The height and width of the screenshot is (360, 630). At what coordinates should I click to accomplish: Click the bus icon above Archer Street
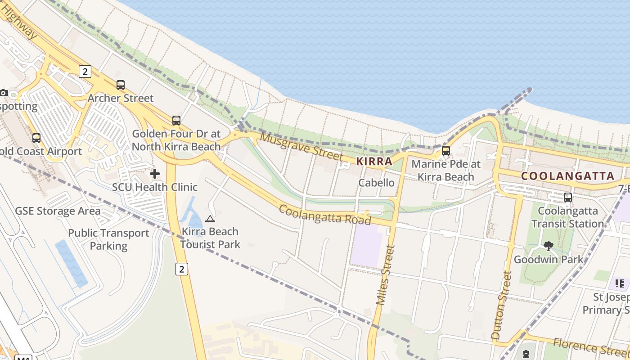point(120,85)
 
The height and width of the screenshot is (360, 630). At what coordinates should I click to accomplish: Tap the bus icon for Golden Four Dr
point(176,121)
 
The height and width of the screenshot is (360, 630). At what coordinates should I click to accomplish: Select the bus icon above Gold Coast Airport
point(36,138)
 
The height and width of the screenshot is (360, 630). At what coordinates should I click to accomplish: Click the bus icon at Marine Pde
point(445,151)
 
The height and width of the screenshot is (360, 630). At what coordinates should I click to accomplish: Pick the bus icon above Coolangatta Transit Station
point(568,197)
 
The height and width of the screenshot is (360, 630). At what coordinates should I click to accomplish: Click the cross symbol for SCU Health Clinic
point(155,174)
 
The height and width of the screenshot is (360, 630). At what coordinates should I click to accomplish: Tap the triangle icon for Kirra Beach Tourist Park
point(210,219)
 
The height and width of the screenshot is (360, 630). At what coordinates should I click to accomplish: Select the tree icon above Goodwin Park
point(548,246)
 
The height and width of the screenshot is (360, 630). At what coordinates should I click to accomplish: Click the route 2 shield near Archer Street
point(85,71)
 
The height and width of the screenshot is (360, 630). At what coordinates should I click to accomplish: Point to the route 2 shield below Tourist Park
point(181,269)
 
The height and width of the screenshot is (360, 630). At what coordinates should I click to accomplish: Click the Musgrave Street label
point(301,146)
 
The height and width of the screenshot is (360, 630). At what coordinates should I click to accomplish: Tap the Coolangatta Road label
point(325,215)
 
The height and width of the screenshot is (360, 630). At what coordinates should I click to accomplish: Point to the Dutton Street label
point(501,305)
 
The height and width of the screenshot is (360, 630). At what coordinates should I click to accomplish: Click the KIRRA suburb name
point(374,161)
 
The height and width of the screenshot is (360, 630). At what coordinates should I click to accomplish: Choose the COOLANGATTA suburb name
point(567,176)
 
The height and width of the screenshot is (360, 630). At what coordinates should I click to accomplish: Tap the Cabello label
point(376,183)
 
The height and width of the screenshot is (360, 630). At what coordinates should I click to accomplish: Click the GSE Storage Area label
point(58,211)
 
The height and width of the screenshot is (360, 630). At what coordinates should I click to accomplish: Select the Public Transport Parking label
point(108,239)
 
